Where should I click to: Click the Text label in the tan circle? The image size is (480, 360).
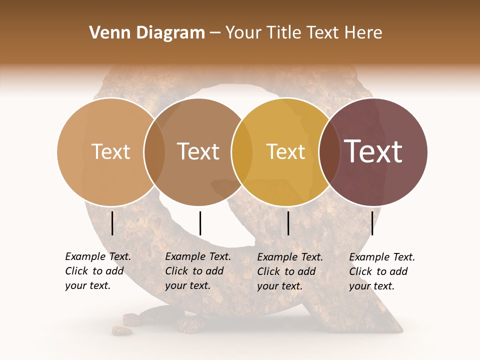(110, 151)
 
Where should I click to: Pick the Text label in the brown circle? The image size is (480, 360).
(198, 151)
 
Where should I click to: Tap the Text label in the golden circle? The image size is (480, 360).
(285, 151)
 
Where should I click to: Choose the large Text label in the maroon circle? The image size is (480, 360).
(373, 151)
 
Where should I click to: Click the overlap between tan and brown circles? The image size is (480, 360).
(154, 152)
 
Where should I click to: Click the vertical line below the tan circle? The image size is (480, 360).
(112, 223)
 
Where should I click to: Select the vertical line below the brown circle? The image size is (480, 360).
(200, 223)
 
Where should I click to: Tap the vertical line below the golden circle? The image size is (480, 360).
(288, 223)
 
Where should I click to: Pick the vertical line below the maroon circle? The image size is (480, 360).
(372, 223)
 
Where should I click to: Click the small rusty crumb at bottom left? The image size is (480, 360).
(121, 330)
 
